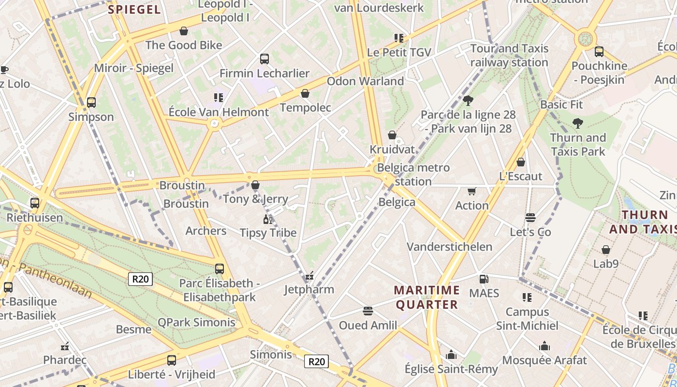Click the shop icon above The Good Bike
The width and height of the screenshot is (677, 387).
tap(184, 31)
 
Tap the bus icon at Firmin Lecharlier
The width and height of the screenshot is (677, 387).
tap(265, 59)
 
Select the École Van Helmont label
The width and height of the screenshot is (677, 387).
tap(219, 112)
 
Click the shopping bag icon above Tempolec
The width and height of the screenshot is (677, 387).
tap(305, 93)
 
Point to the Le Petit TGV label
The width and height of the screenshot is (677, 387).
tap(399, 52)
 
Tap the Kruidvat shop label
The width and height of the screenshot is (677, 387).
tap(392, 149)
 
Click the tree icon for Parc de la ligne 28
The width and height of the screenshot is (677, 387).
tap(468, 101)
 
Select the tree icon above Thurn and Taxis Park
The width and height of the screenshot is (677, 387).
tap(577, 123)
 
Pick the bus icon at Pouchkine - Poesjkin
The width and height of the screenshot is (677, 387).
tap(599, 52)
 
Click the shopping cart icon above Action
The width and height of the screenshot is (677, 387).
tap(472, 192)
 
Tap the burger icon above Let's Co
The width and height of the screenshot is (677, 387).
tap(530, 218)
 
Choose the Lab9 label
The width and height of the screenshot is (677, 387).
tap(606, 264)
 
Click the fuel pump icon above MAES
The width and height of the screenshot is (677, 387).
tap(484, 279)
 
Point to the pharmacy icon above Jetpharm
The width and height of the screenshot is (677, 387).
tap(309, 276)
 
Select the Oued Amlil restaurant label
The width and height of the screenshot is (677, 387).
tap(368, 325)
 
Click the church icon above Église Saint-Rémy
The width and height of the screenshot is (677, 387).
tap(451, 355)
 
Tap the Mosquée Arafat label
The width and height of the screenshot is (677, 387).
tap(545, 360)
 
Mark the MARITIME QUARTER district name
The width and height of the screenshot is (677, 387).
tap(427, 297)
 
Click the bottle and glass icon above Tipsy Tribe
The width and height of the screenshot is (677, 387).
tap(268, 219)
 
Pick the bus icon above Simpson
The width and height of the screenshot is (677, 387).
tap(91, 103)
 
